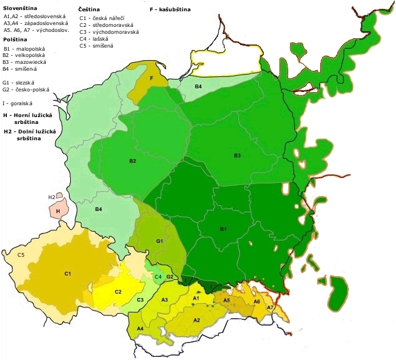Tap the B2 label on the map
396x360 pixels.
(x=133, y=161)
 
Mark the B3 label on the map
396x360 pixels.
(x=237, y=155)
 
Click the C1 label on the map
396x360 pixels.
(x=68, y=274)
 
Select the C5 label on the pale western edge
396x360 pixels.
(x=21, y=255)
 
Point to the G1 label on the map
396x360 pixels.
(x=160, y=241)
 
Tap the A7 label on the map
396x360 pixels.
(x=270, y=307)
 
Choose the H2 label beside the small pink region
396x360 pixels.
(x=51, y=197)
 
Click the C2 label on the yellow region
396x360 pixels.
(x=118, y=292)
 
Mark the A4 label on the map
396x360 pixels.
(x=140, y=328)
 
